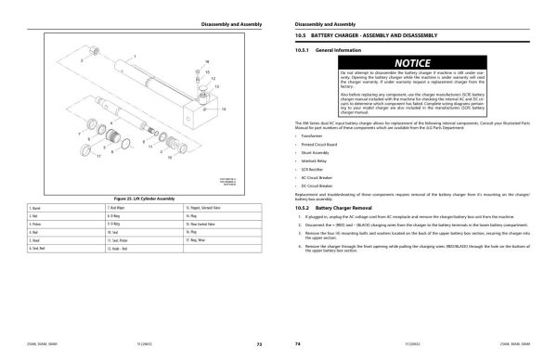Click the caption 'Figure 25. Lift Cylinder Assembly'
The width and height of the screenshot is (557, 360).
coord(136,198)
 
